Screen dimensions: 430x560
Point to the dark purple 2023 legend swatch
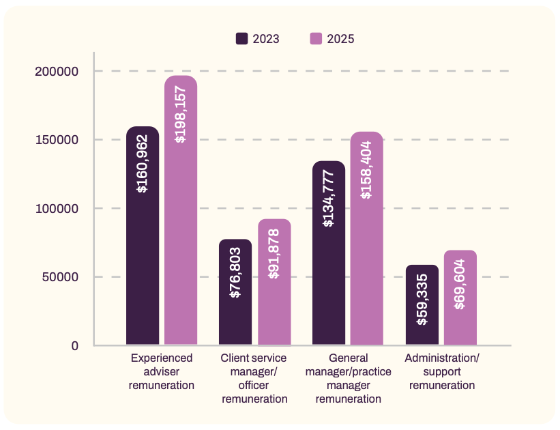point(242,38)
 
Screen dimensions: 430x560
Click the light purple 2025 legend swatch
point(316,38)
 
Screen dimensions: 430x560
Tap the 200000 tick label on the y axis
point(57,72)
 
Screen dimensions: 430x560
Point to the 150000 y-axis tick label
point(57,140)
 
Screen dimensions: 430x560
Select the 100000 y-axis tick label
point(57,208)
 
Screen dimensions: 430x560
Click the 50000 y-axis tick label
point(60,277)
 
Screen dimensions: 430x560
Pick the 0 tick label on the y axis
point(75,345)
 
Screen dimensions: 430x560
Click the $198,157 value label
point(181,114)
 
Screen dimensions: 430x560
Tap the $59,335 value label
point(422,299)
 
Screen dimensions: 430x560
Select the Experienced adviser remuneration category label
point(162,371)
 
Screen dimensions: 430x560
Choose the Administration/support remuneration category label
point(442,371)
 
